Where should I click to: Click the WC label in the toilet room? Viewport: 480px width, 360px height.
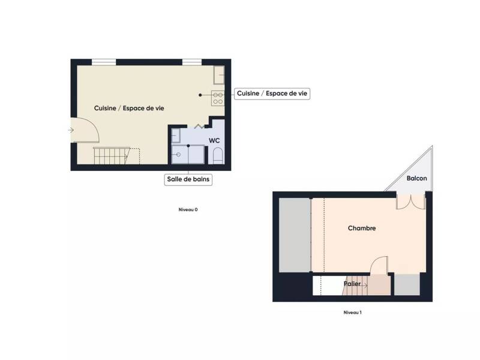(214, 140)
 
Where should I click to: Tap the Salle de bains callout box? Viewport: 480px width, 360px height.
(188, 179)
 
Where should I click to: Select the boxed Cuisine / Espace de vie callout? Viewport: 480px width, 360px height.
(272, 94)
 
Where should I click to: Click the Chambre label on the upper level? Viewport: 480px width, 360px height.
(362, 228)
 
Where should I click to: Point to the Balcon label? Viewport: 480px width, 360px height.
(416, 179)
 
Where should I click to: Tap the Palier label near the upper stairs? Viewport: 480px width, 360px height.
(352, 284)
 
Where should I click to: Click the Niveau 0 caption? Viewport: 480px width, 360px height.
(188, 209)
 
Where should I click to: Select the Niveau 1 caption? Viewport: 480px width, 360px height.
(352, 313)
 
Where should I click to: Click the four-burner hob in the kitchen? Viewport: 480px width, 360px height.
(218, 97)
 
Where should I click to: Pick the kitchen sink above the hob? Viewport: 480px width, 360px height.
(219, 74)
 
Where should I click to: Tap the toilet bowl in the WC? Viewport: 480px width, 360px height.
(218, 157)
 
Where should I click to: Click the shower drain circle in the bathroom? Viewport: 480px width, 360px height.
(178, 155)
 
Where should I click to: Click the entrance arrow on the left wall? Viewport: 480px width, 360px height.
(71, 130)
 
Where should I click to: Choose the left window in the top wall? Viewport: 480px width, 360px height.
(104, 61)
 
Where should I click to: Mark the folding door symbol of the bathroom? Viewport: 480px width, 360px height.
(200, 126)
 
